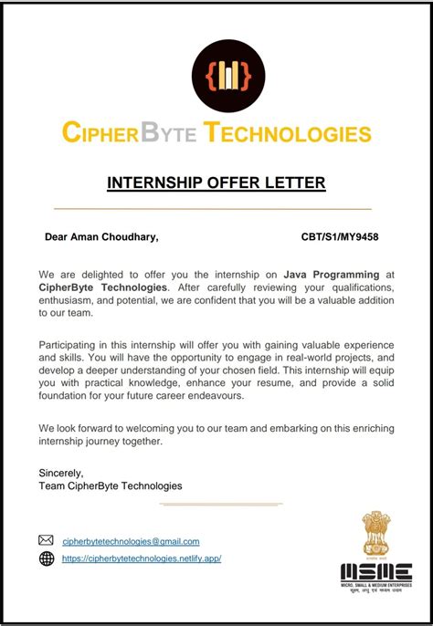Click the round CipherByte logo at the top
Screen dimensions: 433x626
[x=227, y=76]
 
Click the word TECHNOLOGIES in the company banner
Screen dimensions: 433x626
[x=288, y=133]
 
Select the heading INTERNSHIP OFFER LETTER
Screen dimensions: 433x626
[x=216, y=183]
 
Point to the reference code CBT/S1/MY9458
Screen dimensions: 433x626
[x=340, y=237]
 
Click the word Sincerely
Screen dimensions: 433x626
[x=61, y=473]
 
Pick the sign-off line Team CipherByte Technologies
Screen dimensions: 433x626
[x=111, y=485]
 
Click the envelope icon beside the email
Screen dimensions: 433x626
[x=47, y=540]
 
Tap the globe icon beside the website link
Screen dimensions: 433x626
[x=47, y=558]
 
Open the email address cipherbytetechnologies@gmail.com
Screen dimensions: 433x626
[x=131, y=541]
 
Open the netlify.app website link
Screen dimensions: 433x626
[x=142, y=558]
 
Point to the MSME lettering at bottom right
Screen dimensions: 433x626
[x=375, y=572]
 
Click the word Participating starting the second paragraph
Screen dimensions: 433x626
[x=71, y=345]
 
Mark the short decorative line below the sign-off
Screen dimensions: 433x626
[x=221, y=503]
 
